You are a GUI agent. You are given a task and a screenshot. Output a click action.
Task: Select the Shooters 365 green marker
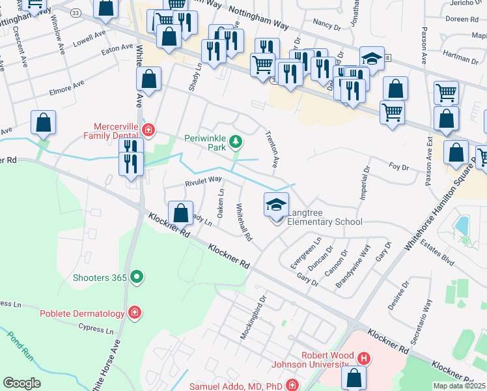[x=137, y=277]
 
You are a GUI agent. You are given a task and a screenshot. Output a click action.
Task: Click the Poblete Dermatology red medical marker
[x=135, y=313]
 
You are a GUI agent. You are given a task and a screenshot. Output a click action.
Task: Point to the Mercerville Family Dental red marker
[x=148, y=130]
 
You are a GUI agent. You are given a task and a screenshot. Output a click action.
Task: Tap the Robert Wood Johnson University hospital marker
[x=363, y=358]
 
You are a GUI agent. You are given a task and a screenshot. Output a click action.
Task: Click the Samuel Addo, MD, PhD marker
[x=292, y=386]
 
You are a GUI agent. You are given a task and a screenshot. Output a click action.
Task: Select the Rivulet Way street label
[x=202, y=180]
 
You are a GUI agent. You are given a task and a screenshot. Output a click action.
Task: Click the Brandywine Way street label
[x=353, y=267]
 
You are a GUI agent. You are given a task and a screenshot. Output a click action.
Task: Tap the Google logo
[x=21, y=383]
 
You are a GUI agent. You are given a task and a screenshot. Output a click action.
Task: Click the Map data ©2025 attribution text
[x=460, y=386]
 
